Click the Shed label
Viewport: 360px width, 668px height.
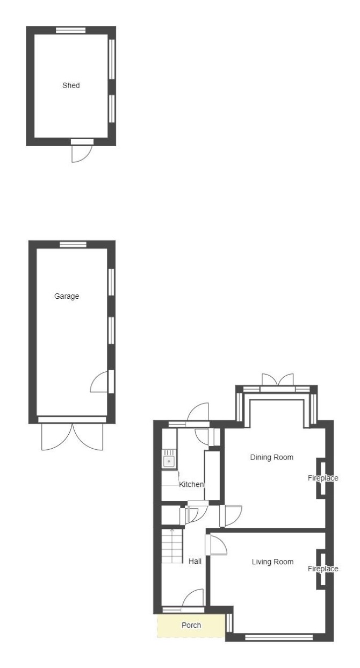click(x=71, y=85)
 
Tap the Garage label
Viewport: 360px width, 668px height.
click(x=67, y=296)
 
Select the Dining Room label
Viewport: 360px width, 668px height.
click(x=271, y=457)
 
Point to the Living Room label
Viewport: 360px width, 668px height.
click(x=272, y=562)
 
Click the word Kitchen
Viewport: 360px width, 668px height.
click(x=191, y=485)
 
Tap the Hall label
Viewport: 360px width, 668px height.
click(x=195, y=561)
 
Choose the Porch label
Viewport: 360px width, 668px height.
click(x=191, y=626)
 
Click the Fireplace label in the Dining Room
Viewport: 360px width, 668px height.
click(x=323, y=478)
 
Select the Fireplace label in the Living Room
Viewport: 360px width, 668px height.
click(x=323, y=569)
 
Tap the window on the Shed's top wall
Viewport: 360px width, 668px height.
click(x=71, y=30)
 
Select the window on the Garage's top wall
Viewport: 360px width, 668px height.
click(x=73, y=245)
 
